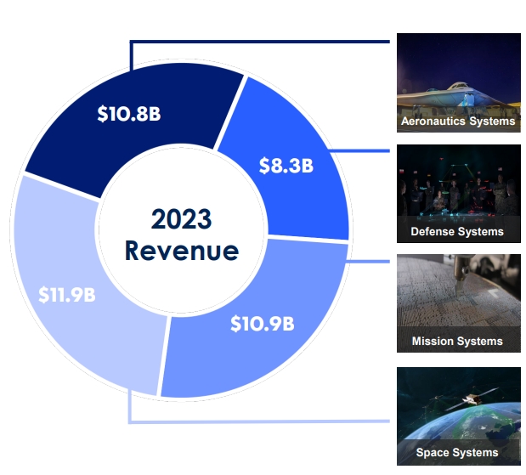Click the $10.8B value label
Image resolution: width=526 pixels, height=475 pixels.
129,114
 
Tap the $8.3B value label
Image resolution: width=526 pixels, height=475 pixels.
286,166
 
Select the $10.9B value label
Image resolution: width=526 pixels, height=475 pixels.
263,324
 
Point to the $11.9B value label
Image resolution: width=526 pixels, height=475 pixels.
67,295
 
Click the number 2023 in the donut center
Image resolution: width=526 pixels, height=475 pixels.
182,219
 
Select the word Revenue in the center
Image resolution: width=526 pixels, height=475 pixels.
182,251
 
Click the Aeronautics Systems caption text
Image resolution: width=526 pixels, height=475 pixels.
458,122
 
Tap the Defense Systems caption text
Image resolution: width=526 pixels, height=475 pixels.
457,231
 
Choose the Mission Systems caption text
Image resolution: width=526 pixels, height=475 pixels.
457,341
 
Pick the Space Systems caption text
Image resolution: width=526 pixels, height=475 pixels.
457,453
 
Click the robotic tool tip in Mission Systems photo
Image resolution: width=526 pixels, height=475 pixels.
459,288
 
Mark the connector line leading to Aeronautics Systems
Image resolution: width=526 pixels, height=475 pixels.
260,42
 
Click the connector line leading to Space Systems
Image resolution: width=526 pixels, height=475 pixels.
259,421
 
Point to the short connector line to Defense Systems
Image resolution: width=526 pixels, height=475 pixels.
359,151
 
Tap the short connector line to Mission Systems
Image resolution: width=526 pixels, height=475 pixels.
368,262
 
